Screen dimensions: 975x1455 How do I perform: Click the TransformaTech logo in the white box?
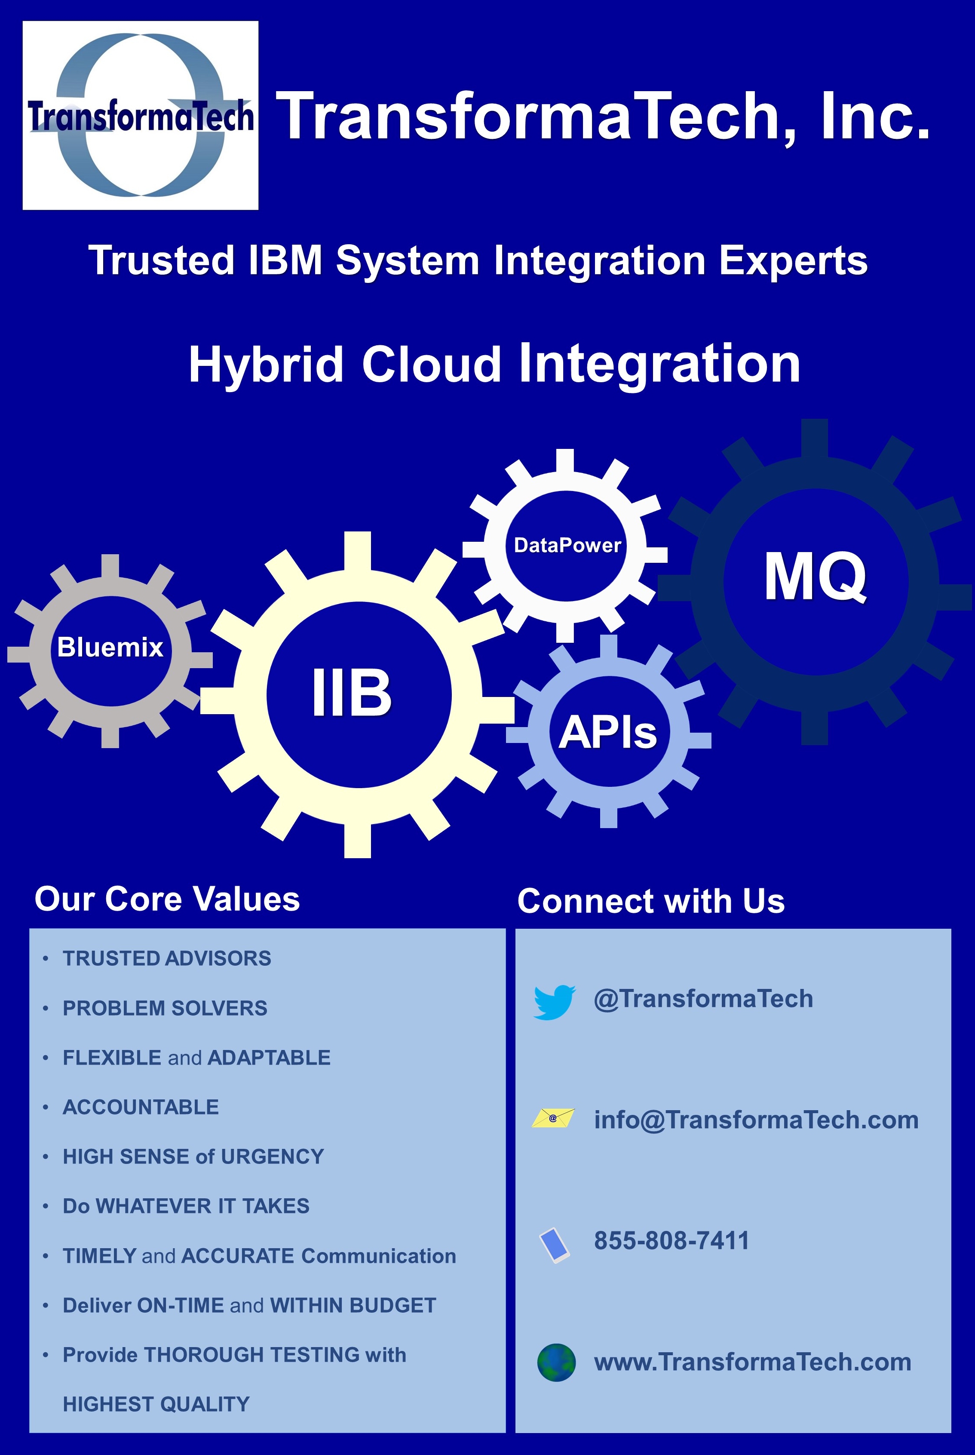[x=141, y=115]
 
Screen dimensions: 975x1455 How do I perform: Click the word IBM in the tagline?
[x=285, y=260]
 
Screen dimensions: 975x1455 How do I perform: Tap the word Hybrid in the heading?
[x=266, y=365]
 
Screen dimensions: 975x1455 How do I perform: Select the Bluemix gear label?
[x=110, y=647]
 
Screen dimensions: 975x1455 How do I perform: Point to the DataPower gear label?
[x=567, y=545]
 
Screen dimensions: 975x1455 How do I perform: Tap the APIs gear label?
[x=607, y=731]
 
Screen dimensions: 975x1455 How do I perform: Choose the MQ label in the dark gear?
[x=815, y=577]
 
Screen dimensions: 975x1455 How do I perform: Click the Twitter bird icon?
[x=554, y=1002]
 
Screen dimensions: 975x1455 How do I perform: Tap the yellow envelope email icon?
[x=553, y=1118]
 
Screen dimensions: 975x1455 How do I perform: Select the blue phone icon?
[x=554, y=1244]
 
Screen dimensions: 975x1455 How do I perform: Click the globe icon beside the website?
[x=556, y=1363]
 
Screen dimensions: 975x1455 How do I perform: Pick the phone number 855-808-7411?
[x=671, y=1240]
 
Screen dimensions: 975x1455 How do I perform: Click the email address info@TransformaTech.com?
[x=756, y=1120]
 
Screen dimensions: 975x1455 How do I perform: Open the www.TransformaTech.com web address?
[x=752, y=1362]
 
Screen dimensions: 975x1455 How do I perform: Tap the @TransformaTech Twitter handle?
[x=703, y=999]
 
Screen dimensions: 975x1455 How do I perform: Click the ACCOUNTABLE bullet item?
[x=141, y=1107]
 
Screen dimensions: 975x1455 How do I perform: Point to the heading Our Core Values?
[x=167, y=899]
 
